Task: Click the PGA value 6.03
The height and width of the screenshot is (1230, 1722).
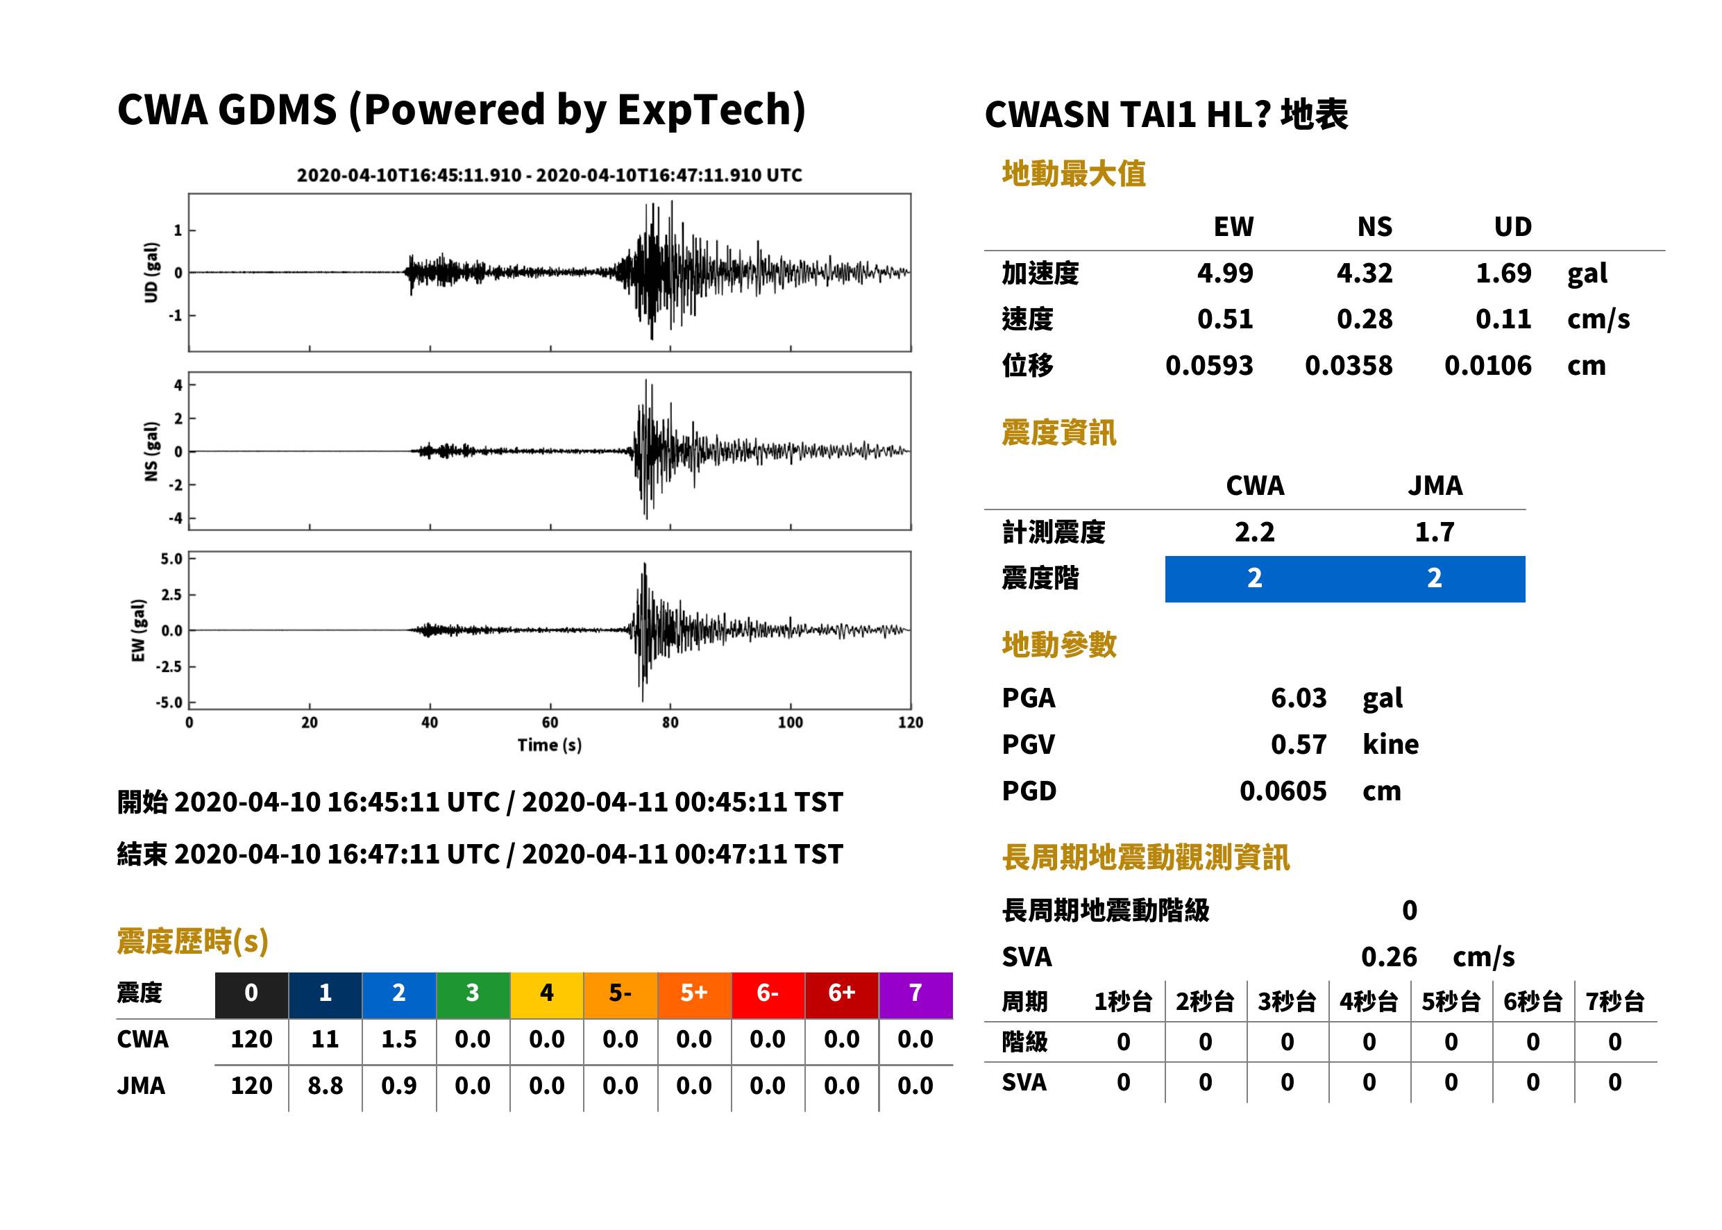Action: coord(1298,698)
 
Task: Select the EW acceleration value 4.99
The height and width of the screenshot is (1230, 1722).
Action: coord(1224,273)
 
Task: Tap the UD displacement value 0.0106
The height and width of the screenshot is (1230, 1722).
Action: coord(1487,366)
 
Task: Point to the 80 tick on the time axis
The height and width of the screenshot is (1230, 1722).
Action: coord(670,723)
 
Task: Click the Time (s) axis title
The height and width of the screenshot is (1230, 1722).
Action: coord(550,745)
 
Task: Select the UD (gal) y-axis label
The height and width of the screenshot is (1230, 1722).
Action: coord(151,273)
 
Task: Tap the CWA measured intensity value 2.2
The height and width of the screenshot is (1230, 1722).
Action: coord(1255,532)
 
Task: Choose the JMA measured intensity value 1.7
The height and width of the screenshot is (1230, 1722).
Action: coord(1434,532)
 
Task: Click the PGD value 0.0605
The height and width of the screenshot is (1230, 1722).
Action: coord(1283,791)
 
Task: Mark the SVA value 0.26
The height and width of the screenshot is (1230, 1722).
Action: coord(1389,957)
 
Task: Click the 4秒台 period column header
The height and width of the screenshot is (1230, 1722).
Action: coord(1368,1002)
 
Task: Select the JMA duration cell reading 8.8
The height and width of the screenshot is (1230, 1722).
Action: coord(325,1086)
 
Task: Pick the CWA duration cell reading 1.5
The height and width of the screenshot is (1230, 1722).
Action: coord(399,1039)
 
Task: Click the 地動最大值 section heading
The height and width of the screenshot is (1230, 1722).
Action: coord(1074,174)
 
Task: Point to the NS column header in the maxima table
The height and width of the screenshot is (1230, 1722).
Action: coord(1374,227)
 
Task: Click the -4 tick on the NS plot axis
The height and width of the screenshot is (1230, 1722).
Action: coord(176,519)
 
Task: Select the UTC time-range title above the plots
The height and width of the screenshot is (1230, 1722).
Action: coord(550,175)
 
